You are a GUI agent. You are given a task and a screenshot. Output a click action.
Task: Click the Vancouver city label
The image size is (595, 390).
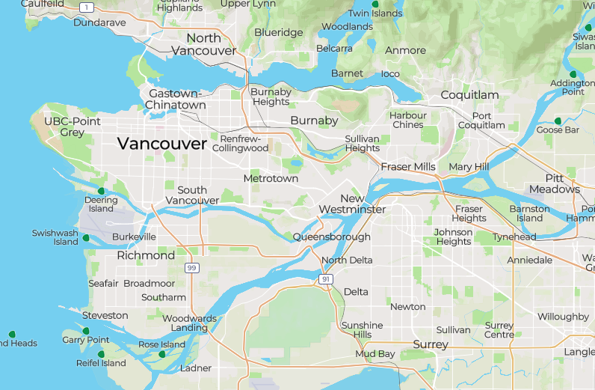pos(161,144)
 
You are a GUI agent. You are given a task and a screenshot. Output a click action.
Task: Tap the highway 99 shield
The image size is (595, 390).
pos(192,268)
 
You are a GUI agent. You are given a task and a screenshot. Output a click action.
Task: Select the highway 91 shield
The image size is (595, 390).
pos(325,279)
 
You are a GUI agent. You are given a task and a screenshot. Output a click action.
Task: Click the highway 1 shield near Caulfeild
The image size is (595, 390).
pos(87,7)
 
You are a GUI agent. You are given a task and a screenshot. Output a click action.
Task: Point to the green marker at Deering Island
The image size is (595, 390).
pos(101,191)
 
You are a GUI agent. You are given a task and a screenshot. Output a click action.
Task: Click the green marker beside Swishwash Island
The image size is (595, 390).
pos(86,238)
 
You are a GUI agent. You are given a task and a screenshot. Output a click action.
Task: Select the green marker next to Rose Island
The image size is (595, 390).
pos(162,354)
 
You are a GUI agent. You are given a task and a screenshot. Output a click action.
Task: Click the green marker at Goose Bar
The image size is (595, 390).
pos(558,121)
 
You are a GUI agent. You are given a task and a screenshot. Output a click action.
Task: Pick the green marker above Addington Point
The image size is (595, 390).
pos(573,74)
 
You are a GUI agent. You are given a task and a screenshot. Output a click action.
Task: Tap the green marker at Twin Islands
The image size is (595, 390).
pos(375,4)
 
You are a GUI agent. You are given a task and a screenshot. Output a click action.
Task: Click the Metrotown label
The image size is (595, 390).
pos(271,178)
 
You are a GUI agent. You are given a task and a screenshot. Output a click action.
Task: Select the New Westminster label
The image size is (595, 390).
pos(352,204)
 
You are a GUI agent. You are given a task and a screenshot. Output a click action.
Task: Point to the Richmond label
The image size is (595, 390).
pos(146,255)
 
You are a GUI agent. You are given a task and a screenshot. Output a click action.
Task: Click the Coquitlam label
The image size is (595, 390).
pos(469,95)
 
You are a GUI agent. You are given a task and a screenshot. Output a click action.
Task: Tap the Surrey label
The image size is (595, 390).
pos(431,344)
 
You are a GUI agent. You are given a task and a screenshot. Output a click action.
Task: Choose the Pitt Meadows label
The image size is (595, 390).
pos(553,184)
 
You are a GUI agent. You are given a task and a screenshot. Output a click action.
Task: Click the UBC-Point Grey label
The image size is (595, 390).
pos(73,127)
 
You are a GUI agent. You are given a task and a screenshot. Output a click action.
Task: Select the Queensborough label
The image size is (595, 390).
pos(331,237)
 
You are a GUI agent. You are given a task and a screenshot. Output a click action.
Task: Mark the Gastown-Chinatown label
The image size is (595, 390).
pos(176,99)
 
